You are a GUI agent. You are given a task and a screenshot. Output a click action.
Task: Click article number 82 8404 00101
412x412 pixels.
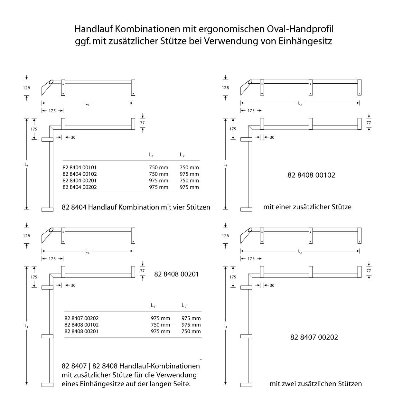click(x=80, y=167)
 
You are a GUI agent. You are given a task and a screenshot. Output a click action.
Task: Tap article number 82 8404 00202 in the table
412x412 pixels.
click(x=80, y=187)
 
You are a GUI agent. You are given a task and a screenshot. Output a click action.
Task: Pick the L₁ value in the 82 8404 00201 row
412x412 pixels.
click(x=158, y=181)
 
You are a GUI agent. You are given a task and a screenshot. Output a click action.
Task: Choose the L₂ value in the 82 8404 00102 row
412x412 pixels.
click(x=189, y=174)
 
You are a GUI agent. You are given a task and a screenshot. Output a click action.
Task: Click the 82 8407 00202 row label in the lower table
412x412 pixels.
click(x=81, y=318)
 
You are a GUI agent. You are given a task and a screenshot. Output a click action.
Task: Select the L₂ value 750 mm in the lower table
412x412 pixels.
click(x=191, y=331)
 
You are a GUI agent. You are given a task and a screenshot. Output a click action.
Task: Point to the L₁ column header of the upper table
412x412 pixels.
click(x=151, y=155)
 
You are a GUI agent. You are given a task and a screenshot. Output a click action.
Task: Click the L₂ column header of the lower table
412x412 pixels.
click(x=184, y=305)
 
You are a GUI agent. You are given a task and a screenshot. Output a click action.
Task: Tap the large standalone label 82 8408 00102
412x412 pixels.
click(x=311, y=175)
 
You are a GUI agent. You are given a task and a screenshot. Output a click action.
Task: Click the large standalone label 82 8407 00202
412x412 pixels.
click(x=314, y=337)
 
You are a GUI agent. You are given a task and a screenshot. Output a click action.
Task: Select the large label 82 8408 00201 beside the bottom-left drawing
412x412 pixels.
click(x=176, y=274)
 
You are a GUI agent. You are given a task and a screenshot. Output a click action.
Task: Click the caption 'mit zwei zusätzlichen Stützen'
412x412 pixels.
click(x=315, y=384)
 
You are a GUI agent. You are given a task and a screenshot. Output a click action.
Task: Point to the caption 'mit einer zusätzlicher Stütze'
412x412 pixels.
click(x=307, y=207)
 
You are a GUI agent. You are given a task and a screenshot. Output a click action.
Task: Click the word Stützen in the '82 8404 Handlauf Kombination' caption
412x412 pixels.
click(x=198, y=207)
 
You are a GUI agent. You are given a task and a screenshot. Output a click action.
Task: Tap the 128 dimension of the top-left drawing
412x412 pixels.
click(x=26, y=88)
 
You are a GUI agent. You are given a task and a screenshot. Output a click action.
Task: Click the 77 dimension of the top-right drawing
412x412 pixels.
click(x=369, y=123)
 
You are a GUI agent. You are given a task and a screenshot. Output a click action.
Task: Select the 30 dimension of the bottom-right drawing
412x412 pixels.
click(x=272, y=286)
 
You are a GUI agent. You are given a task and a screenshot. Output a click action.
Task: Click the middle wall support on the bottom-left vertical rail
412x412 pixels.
click(x=47, y=336)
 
